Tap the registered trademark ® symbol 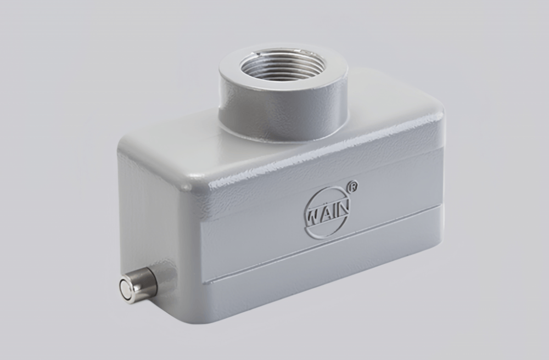point(354,186)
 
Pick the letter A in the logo point(323,213)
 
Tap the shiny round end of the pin point(128,289)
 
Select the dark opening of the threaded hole point(283,65)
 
